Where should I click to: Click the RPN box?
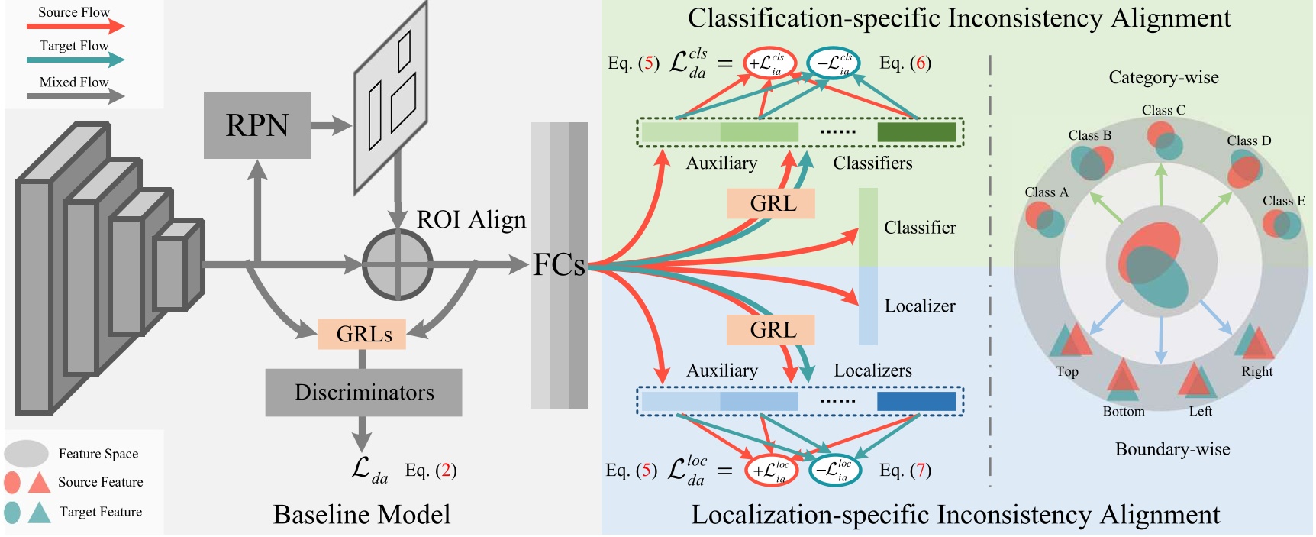tap(257, 125)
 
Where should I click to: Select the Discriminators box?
tap(363, 393)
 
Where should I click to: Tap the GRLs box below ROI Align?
tap(362, 335)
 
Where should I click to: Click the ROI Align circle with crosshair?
tap(397, 265)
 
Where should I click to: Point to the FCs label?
tap(559, 265)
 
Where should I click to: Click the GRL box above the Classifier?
tap(771, 204)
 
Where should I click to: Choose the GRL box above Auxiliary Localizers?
tap(771, 330)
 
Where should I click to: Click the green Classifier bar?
tap(868, 228)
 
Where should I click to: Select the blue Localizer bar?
tap(868, 306)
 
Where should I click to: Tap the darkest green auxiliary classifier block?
tap(916, 132)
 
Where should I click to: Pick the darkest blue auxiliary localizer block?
tap(916, 401)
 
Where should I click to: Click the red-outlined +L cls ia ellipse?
tap(770, 63)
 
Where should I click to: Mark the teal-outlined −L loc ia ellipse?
tap(835, 470)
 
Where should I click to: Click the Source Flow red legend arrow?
tap(75, 27)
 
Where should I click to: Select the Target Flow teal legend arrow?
tap(75, 60)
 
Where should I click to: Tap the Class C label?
tap(1163, 110)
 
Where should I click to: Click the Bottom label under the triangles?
tap(1123, 411)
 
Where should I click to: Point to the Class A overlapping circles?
tap(1044, 219)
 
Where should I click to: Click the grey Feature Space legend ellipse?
tap(27, 454)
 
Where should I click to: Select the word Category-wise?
tap(1163, 77)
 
